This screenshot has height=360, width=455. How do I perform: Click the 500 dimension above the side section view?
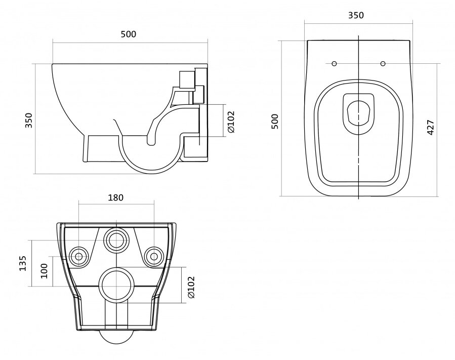click(128, 34)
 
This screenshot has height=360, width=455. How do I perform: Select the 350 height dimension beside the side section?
click(29, 120)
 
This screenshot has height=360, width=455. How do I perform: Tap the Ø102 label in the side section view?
click(231, 122)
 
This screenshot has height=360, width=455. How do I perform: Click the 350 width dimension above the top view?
click(356, 15)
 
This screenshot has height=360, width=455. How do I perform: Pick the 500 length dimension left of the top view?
click(274, 122)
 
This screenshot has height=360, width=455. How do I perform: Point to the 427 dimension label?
click(431, 127)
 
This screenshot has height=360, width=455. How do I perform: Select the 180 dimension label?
click(116, 197)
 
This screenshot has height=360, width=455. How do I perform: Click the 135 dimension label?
click(23, 263)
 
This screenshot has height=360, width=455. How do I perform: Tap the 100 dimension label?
click(44, 271)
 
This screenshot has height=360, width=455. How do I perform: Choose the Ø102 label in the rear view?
click(191, 287)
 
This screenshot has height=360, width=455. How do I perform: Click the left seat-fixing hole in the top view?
click(334, 63)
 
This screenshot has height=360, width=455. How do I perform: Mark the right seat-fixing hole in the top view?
click(383, 63)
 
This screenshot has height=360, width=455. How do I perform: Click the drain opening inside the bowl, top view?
click(359, 113)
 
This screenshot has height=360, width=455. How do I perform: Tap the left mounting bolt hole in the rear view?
click(78, 256)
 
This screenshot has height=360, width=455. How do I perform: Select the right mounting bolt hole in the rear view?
click(154, 256)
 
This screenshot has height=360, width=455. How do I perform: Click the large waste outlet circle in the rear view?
click(116, 284)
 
